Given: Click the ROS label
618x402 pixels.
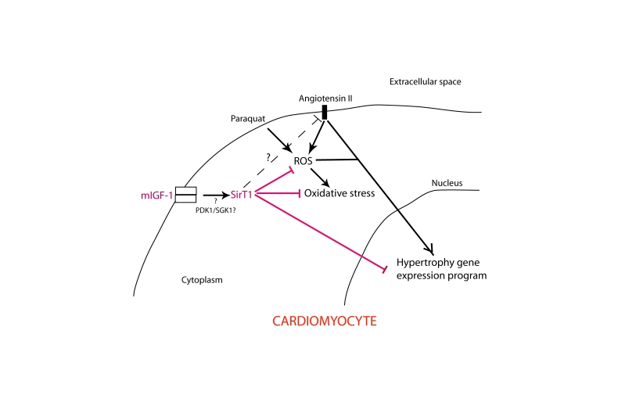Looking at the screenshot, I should tap(304, 161).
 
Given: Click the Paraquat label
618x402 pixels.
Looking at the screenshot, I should tap(249, 118).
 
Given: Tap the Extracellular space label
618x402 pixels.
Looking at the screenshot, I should tap(422, 81).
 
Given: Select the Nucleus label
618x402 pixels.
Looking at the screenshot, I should tap(447, 183).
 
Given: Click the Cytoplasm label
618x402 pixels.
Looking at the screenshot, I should tap(203, 278).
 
